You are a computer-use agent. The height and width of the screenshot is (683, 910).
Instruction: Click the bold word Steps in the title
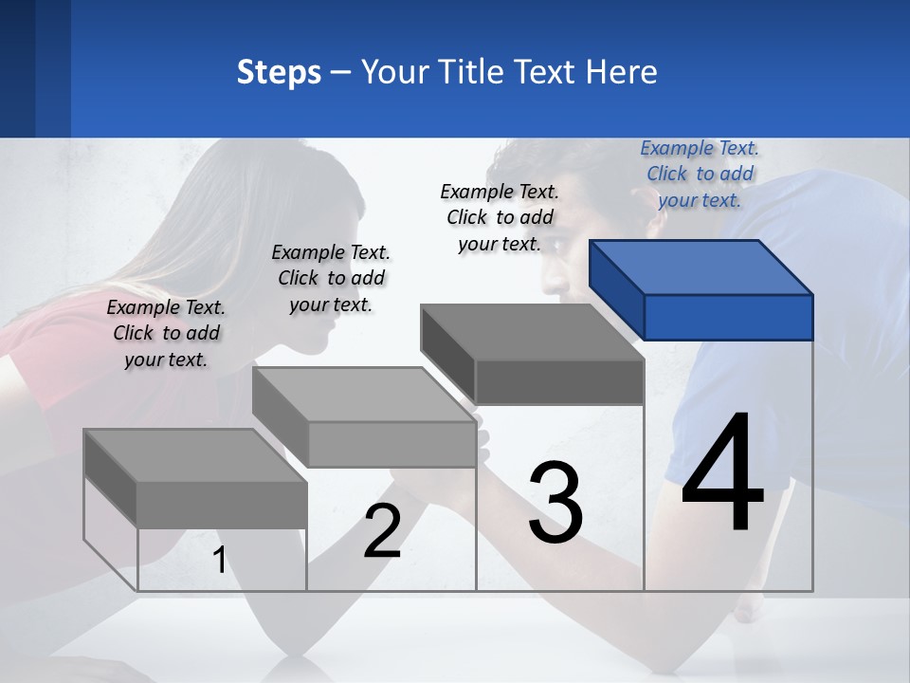click(x=279, y=72)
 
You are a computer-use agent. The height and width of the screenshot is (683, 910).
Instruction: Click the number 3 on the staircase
click(x=555, y=503)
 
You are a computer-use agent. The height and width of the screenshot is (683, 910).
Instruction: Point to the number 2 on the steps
click(x=382, y=531)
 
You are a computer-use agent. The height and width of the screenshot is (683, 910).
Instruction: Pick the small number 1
click(x=220, y=561)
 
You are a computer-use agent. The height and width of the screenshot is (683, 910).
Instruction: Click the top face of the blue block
click(x=701, y=267)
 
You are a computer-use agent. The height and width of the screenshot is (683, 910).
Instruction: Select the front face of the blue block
click(x=728, y=317)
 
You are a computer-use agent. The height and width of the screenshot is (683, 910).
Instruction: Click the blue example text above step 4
click(x=700, y=174)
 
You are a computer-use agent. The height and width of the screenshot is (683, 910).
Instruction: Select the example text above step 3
click(x=500, y=217)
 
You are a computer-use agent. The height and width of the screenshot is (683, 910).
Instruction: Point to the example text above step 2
click(x=331, y=278)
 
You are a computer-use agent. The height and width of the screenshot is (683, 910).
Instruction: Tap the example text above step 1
click(x=166, y=333)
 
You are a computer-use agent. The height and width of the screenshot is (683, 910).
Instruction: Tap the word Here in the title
click(x=622, y=72)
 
